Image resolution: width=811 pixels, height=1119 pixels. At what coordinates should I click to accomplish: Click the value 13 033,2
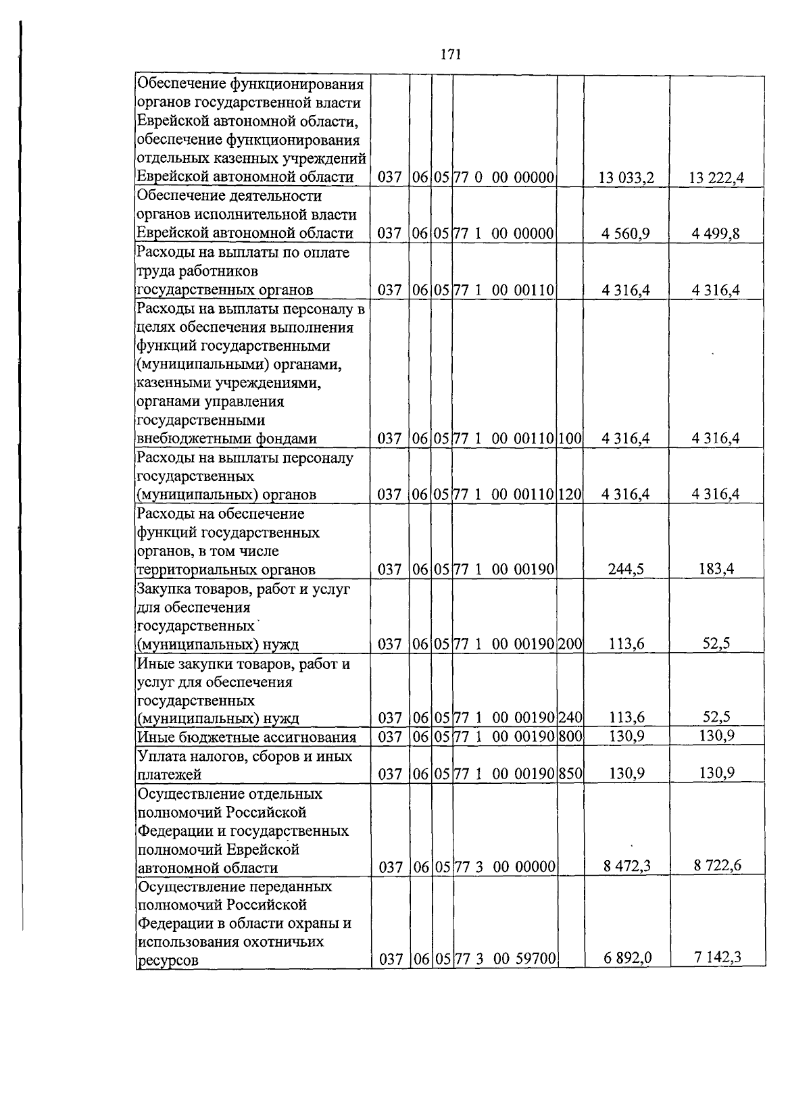pyautogui.click(x=626, y=178)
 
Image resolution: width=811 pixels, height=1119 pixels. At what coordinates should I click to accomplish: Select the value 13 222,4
pyautogui.click(x=716, y=178)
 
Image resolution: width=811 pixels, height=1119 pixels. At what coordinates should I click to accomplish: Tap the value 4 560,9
pyautogui.click(x=626, y=234)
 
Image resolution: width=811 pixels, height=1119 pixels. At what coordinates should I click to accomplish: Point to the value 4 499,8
pyautogui.click(x=716, y=234)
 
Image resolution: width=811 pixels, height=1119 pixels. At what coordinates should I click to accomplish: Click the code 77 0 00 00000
pyautogui.click(x=504, y=178)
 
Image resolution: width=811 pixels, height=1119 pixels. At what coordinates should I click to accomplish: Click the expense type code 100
pyautogui.click(x=570, y=439)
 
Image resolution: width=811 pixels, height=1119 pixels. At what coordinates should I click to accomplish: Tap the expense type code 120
pyautogui.click(x=570, y=495)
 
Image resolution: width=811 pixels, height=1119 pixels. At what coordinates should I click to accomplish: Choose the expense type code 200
pyautogui.click(x=570, y=644)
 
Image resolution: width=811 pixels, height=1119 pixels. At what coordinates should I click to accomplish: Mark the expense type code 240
pyautogui.click(x=570, y=718)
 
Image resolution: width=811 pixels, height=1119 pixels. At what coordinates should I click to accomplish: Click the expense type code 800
pyautogui.click(x=570, y=737)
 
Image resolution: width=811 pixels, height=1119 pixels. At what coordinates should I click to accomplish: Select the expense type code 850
pyautogui.click(x=570, y=774)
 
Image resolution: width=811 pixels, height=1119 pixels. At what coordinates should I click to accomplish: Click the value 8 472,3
pyautogui.click(x=626, y=866)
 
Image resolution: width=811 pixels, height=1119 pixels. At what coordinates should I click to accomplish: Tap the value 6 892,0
pyautogui.click(x=626, y=958)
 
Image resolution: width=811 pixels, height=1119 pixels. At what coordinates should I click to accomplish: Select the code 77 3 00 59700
pyautogui.click(x=504, y=959)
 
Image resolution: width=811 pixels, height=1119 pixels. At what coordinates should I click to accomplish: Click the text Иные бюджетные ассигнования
pyautogui.click(x=246, y=737)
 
